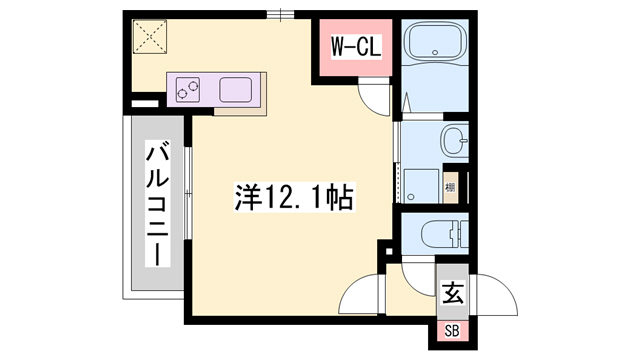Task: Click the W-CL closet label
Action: [354, 47]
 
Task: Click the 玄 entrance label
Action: [452, 294]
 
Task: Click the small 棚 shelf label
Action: [451, 187]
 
